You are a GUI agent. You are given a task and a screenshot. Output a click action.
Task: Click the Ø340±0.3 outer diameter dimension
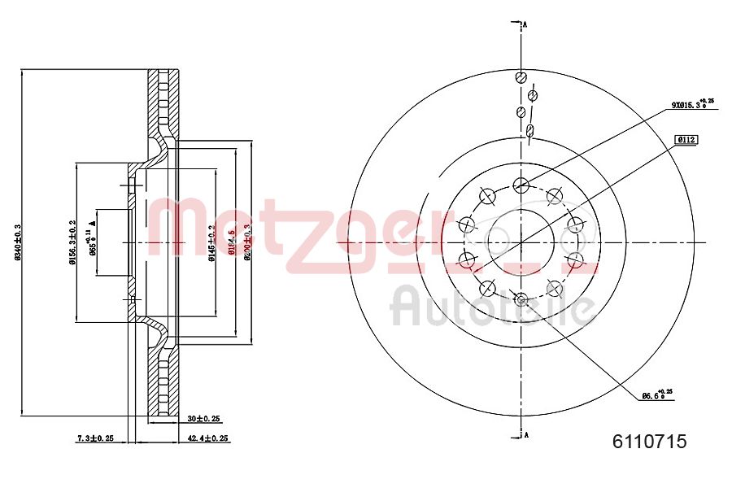click(16, 242)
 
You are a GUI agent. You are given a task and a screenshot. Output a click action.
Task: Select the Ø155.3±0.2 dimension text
click(72, 242)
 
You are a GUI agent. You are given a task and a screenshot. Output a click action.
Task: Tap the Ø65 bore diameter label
click(93, 242)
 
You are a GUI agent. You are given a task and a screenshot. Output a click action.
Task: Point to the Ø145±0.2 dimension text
click(211, 242)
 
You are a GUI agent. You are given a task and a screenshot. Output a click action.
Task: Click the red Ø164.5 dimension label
click(231, 242)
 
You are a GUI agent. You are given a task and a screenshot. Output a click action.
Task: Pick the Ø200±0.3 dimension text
click(247, 242)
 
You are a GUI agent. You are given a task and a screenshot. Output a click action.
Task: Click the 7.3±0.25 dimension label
click(95, 438)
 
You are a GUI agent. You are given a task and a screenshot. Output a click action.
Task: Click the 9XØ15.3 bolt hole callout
click(691, 104)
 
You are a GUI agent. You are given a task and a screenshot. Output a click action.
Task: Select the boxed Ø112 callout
click(686, 139)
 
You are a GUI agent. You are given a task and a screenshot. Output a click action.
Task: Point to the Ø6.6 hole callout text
click(657, 395)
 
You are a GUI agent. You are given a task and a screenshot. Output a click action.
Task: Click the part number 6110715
click(649, 442)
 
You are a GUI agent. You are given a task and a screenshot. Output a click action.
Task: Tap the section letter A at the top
click(525, 25)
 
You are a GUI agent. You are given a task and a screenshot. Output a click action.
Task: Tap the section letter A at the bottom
click(525, 434)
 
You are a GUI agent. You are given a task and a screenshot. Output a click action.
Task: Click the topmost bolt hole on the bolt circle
click(521, 184)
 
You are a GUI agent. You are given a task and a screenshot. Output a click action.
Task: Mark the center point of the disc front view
click(521, 242)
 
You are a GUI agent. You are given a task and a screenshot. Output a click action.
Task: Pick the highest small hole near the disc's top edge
click(521, 78)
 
